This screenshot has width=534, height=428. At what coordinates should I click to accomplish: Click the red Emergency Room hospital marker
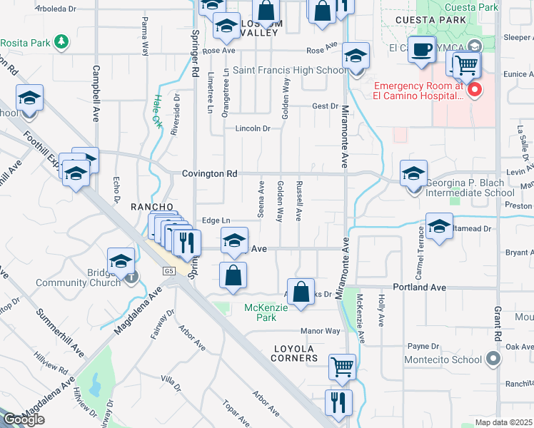473,90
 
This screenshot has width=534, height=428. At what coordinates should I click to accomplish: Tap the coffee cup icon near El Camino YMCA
423,49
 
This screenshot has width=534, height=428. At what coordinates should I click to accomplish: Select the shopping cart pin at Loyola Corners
342,367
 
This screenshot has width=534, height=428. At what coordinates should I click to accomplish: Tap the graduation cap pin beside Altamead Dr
439,227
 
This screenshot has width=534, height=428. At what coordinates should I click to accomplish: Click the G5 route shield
168,271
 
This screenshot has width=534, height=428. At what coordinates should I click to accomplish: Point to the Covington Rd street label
208,173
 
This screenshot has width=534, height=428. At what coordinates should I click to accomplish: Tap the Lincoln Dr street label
254,129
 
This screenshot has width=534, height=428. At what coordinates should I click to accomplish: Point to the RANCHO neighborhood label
152,206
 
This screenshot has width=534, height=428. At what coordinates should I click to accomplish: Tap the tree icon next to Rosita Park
62,41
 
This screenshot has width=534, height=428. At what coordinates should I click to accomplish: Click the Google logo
24,419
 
